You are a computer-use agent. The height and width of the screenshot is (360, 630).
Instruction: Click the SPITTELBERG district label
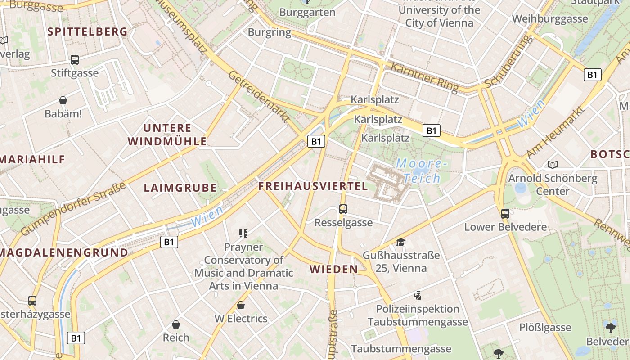[x=87, y=31]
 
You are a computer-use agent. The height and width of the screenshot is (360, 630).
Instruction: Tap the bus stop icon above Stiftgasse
[x=75, y=59]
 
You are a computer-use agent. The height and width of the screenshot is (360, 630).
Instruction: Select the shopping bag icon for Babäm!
[x=63, y=100]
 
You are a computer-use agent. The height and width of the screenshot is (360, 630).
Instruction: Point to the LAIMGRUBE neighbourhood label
[x=180, y=188]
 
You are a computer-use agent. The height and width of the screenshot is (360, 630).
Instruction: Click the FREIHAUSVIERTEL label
[x=313, y=186]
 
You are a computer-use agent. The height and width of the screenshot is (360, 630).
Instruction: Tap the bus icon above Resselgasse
[x=343, y=209]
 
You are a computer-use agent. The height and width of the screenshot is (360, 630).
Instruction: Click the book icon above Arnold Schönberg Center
[x=553, y=165]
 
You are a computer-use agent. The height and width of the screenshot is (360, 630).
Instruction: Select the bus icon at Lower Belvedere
[x=505, y=213]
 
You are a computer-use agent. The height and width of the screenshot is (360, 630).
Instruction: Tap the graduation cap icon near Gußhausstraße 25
[x=400, y=243]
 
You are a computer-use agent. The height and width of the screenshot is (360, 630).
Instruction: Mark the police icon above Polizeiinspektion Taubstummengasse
[x=418, y=295]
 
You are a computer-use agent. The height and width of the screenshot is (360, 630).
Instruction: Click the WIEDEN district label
[x=334, y=270]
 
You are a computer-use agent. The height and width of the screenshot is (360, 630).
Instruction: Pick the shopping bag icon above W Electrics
[x=241, y=305]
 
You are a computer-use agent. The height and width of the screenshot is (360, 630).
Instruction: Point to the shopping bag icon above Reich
[x=176, y=324]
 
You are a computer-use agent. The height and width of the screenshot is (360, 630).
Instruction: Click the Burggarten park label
[x=307, y=12]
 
